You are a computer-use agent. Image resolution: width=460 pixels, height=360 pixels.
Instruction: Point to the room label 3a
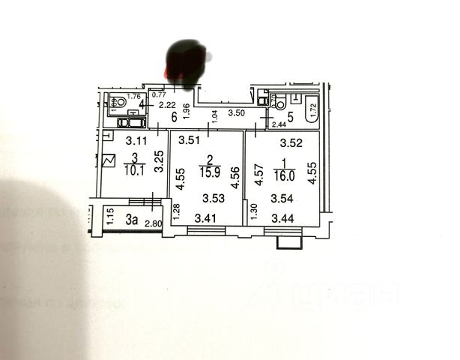[132, 220]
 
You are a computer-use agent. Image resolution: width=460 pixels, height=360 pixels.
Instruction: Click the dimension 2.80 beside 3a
[154, 223]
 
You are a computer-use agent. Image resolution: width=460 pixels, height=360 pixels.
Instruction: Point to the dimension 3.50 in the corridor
[236, 113]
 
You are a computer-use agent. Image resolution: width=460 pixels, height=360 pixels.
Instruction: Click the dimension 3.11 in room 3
[135, 139]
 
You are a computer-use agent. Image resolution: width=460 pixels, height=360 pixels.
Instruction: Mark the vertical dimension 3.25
[159, 163]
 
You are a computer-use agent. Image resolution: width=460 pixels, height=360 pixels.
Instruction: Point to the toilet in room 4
[120, 103]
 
